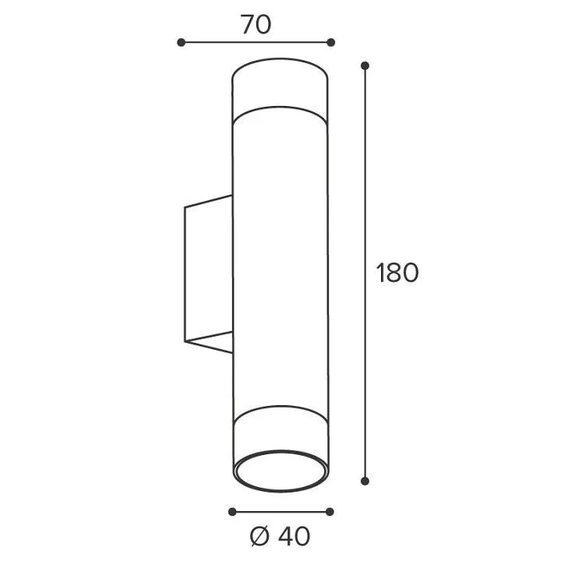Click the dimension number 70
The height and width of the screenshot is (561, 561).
click(256, 24)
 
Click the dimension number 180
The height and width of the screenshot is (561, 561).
click(397, 273)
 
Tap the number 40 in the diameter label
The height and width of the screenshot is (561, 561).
click(294, 536)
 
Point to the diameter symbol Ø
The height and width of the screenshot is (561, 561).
click(259, 536)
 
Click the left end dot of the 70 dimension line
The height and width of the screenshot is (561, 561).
click(181, 43)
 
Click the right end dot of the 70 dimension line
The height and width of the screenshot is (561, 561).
click(331, 43)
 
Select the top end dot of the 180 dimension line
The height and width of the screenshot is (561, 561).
click(365, 65)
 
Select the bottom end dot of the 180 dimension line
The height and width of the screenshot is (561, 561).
click(365, 482)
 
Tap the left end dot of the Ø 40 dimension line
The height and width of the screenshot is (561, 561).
click(232, 512)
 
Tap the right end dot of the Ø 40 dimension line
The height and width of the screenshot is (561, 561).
click(330, 512)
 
